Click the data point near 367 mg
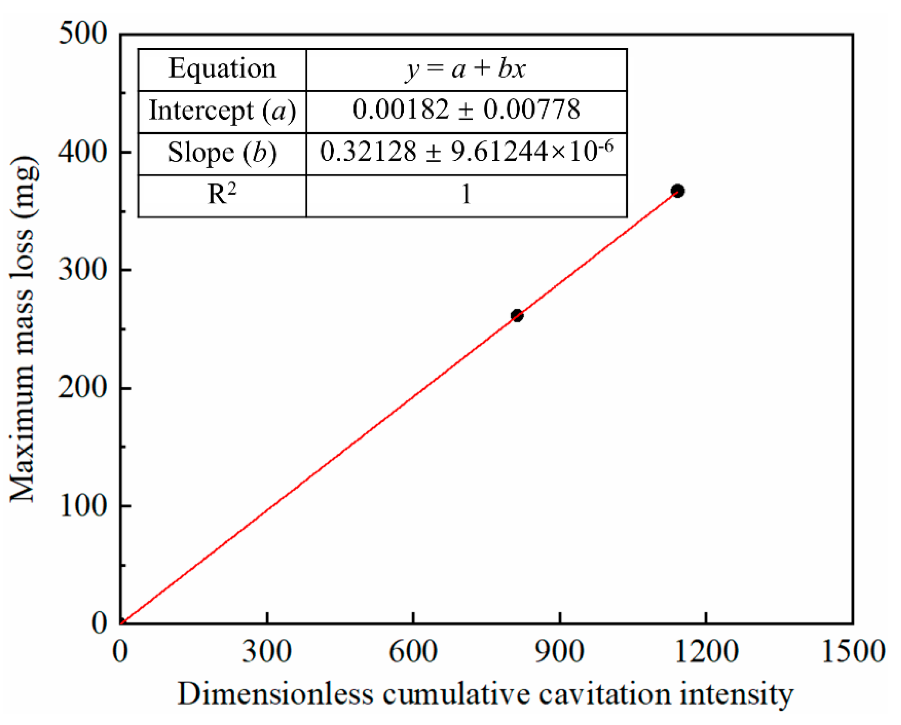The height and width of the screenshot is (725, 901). tap(678, 191)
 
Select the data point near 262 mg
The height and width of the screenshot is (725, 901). tap(517, 316)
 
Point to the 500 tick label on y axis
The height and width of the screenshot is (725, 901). tap(83, 34)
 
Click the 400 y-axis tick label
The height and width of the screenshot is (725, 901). tap(83, 152)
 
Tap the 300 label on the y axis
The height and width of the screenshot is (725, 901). tap(83, 270)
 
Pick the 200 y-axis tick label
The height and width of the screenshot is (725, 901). tap(83, 388)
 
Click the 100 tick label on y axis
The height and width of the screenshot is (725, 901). tap(83, 506)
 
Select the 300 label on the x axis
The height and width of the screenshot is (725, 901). tap(267, 652)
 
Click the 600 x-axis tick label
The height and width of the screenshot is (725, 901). tap(413, 652)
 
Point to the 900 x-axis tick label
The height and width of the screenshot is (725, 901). tap(559, 652)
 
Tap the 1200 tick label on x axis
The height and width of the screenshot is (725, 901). tap(706, 652)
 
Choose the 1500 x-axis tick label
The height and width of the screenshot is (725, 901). tap(852, 652)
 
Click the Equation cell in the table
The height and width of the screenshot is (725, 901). tap(222, 69)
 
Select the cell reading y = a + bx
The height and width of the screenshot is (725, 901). tap(466, 69)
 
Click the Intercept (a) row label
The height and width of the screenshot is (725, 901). tap(222, 111)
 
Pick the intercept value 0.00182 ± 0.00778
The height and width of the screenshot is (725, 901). tap(466, 110)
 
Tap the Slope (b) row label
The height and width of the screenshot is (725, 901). tap(222, 153)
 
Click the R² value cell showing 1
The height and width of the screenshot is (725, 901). tap(466, 195)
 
